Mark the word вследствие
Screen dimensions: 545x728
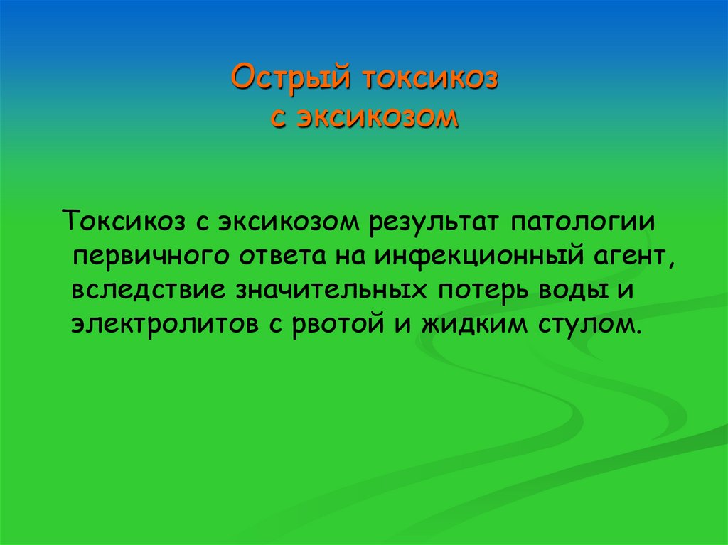[x=141, y=290]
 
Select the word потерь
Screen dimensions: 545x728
[x=471, y=290]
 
